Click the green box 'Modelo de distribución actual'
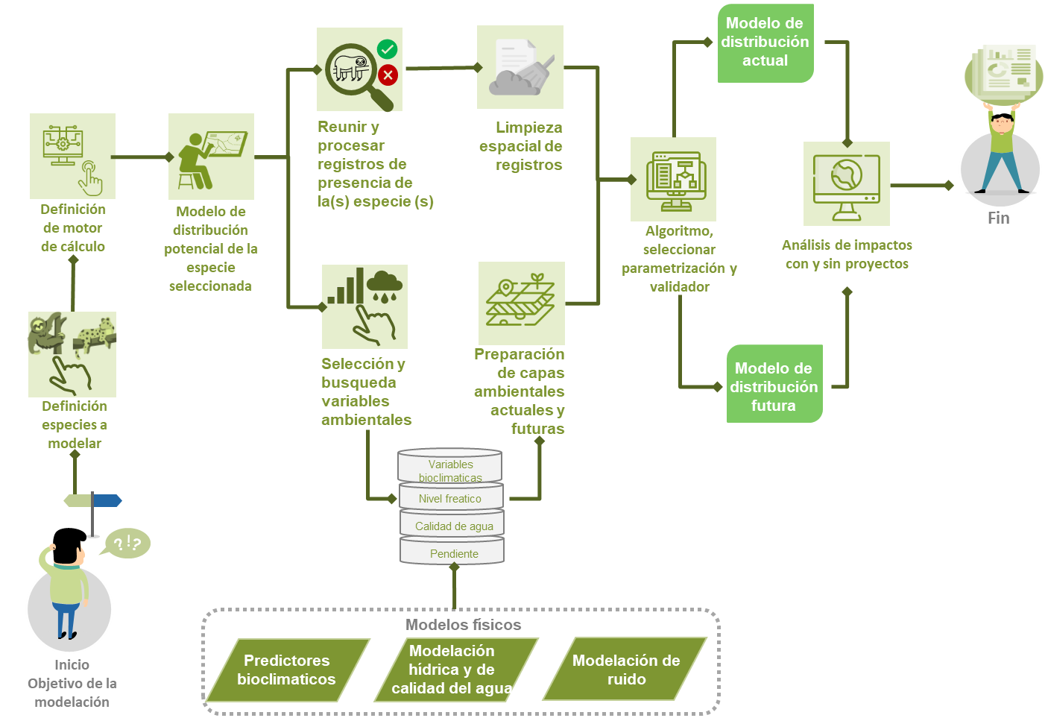[x=765, y=42]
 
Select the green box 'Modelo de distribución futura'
[x=774, y=384]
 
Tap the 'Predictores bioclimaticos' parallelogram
[x=287, y=670]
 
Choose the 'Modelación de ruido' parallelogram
[x=625, y=670]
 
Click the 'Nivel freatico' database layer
[x=450, y=498]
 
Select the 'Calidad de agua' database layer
[x=453, y=526]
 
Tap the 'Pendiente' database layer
[x=453, y=553]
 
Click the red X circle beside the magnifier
[x=388, y=75]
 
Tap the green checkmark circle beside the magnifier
[x=387, y=49]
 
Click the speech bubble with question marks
[x=128, y=543]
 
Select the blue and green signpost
[x=92, y=502]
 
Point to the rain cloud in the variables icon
[x=385, y=285]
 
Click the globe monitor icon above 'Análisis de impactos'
[x=846, y=183]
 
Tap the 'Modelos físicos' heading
[x=463, y=625]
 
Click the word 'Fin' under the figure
[x=998, y=218]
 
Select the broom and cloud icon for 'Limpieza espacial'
[x=520, y=68]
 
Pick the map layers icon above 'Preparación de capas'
[x=521, y=303]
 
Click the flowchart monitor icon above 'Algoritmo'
[x=674, y=180]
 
